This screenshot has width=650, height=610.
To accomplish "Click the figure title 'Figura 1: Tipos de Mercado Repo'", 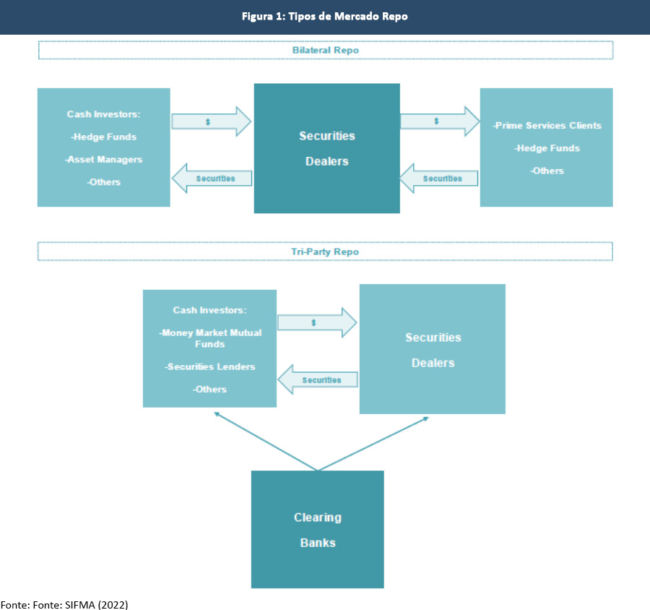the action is (x=324, y=17).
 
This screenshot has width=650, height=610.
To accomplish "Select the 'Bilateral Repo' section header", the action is (x=326, y=50).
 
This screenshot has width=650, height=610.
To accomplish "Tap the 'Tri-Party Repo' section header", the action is (x=325, y=252).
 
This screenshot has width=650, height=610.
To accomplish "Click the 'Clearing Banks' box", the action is (x=318, y=529).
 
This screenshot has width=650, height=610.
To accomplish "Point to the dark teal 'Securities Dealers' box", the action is (x=327, y=148).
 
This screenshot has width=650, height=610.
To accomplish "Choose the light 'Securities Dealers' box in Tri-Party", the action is (x=433, y=349).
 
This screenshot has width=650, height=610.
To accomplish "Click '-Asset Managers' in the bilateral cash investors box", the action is (x=103, y=160).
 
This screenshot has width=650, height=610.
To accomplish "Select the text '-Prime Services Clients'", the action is (x=547, y=125).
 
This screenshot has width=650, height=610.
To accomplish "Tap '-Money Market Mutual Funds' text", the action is (x=209, y=338).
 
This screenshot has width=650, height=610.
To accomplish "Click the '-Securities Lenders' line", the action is (x=209, y=367).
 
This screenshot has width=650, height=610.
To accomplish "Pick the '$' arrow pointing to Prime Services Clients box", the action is (x=440, y=121).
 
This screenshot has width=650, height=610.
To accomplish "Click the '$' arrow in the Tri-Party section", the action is (x=317, y=322).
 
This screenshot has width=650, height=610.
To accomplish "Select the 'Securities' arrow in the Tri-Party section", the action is (x=318, y=379).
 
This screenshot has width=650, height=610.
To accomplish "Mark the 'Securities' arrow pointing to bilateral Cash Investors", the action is (x=212, y=178).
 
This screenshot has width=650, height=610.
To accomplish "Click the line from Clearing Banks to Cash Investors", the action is (x=266, y=441).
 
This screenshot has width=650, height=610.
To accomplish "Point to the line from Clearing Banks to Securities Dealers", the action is (x=373, y=444).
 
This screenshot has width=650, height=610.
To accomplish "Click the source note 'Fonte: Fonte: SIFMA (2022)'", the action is (x=64, y=605).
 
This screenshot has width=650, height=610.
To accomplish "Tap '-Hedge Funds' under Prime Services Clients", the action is (x=547, y=148).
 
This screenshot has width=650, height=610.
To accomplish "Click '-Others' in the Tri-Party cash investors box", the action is (x=209, y=390).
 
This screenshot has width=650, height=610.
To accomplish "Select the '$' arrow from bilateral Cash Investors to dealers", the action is (x=212, y=121).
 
